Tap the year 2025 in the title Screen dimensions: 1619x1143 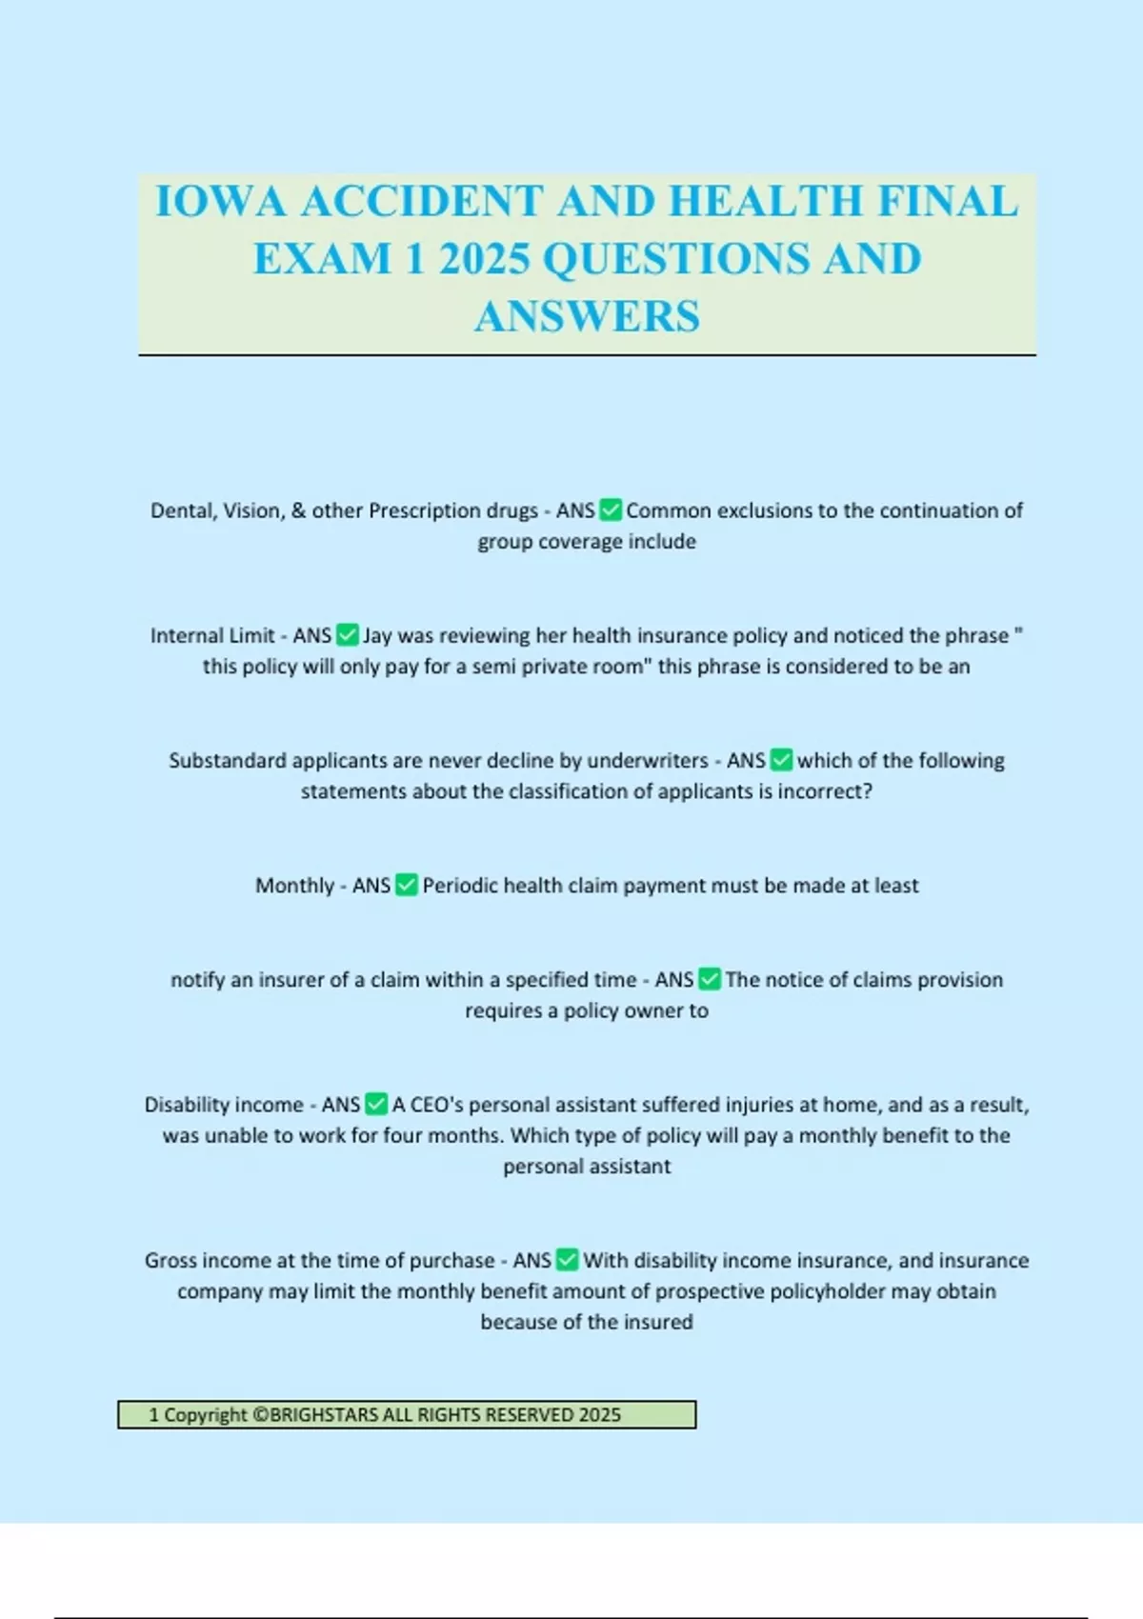(484, 259)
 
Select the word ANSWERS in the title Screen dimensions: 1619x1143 (587, 317)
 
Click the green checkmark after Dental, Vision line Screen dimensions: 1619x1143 (611, 510)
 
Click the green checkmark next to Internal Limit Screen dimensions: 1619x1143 (348, 635)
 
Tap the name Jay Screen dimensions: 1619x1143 (377, 635)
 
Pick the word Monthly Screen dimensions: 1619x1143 (293, 886)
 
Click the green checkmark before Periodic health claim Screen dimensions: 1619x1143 (407, 886)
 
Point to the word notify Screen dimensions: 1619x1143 (197, 980)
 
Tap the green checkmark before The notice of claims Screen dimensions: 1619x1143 (710, 980)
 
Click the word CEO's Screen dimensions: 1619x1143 (436, 1105)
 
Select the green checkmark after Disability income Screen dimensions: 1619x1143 (376, 1105)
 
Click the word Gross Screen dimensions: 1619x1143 (170, 1261)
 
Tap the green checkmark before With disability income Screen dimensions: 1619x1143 (567, 1261)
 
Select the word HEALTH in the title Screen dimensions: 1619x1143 (768, 202)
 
